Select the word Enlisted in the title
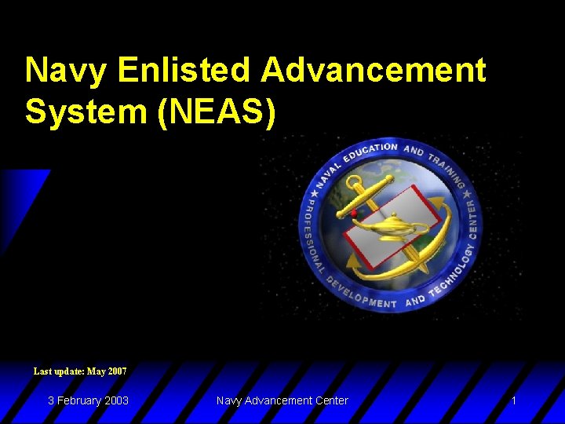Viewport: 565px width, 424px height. pyautogui.click(x=184, y=71)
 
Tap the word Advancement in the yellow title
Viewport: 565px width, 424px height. pyautogui.click(x=374, y=71)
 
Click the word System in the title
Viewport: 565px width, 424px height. pyautogui.click(x=87, y=111)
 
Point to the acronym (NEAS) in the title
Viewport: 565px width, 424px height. pyautogui.click(x=217, y=111)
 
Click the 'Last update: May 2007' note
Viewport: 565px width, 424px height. pyautogui.click(x=80, y=371)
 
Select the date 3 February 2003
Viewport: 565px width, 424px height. pyautogui.click(x=88, y=400)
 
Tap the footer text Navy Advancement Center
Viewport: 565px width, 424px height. pyautogui.click(x=282, y=400)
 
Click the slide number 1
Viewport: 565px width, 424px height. pyautogui.click(x=513, y=400)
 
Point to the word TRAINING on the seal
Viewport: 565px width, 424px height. pyautogui.click(x=443, y=169)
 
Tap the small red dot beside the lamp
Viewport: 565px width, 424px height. pyautogui.click(x=354, y=214)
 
